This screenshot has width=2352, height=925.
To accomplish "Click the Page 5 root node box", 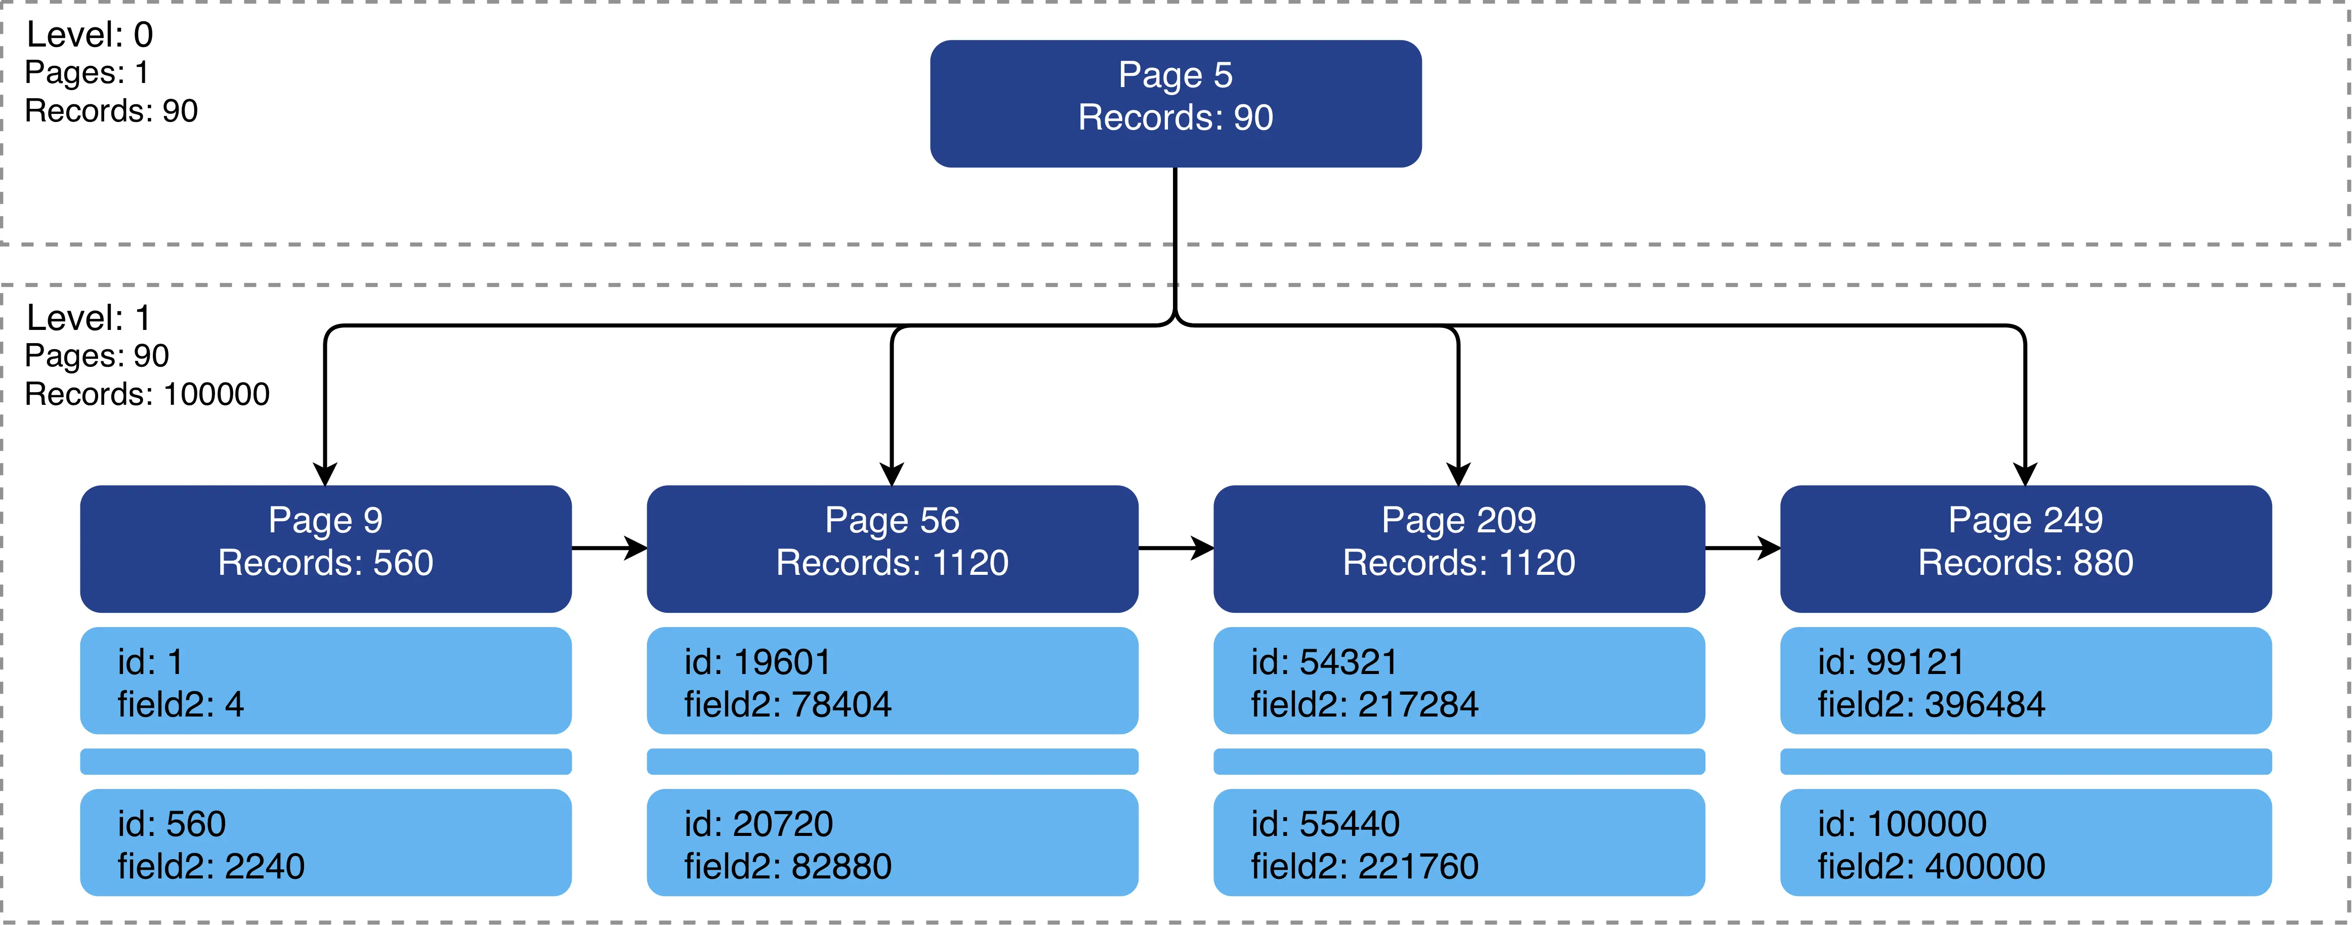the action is pyautogui.click(x=1175, y=103).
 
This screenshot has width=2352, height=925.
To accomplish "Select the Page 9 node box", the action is pyautogui.click(x=326, y=549).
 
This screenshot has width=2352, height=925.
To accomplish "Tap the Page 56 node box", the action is pyautogui.click(x=892, y=549).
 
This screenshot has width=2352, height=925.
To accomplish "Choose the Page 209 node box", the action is pyautogui.click(x=1459, y=549).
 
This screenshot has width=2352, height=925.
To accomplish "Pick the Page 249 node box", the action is pyautogui.click(x=2026, y=549).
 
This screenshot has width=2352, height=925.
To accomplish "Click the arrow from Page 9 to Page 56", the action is pyautogui.click(x=610, y=548).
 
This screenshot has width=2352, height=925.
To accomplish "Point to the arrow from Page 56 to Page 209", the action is pyautogui.click(x=1176, y=548).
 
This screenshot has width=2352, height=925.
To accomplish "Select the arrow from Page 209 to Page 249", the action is pyautogui.click(x=1743, y=548).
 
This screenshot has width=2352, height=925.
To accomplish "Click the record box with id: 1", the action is pyautogui.click(x=326, y=680).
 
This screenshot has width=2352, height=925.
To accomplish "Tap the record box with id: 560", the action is pyautogui.click(x=326, y=842).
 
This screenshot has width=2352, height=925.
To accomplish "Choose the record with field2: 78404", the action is pyautogui.click(x=892, y=680).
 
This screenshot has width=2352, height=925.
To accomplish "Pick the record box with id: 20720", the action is pyautogui.click(x=892, y=842).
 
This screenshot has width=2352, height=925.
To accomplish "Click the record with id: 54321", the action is pyautogui.click(x=1459, y=680).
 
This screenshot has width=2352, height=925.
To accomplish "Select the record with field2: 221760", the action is pyautogui.click(x=1459, y=842).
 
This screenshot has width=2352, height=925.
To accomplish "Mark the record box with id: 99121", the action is pyautogui.click(x=2026, y=680).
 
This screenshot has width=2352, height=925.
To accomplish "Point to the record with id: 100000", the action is pyautogui.click(x=2026, y=842).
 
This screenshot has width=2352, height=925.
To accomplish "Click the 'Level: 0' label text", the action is pyautogui.click(x=90, y=35).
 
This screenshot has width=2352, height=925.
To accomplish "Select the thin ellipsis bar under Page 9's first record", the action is pyautogui.click(x=326, y=762).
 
